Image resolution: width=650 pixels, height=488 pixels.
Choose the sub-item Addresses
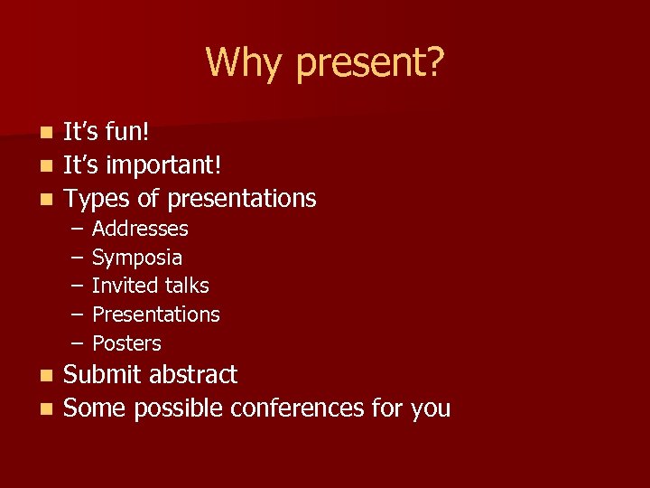140,229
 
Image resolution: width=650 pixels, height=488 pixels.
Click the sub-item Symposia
137,258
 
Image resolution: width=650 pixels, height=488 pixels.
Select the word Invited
121,286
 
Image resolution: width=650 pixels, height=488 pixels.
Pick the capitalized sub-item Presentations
156,314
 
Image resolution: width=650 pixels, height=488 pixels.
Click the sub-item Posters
126,343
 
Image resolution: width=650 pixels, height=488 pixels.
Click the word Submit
103,375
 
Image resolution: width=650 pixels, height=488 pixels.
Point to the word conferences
296,408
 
